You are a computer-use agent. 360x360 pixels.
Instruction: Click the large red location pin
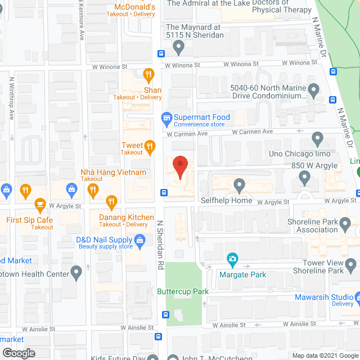(x=179, y=166)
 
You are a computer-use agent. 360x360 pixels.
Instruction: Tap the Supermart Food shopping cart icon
(x=166, y=118)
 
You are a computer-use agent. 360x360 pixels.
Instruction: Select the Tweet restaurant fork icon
(x=150, y=147)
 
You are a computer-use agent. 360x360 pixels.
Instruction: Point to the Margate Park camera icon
(x=232, y=259)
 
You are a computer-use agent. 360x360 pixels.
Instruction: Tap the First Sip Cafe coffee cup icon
(x=40, y=204)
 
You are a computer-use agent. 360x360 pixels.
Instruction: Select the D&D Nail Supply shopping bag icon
(x=141, y=241)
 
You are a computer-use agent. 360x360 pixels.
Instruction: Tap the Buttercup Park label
(x=183, y=291)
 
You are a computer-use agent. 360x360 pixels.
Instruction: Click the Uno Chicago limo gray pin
(x=317, y=138)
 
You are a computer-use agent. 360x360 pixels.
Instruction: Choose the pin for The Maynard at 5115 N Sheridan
(x=179, y=48)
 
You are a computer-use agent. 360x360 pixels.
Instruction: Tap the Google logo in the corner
(x=19, y=353)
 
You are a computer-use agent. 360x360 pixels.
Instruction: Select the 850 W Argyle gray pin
(x=305, y=178)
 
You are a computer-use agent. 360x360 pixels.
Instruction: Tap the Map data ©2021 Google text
(x=325, y=355)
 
